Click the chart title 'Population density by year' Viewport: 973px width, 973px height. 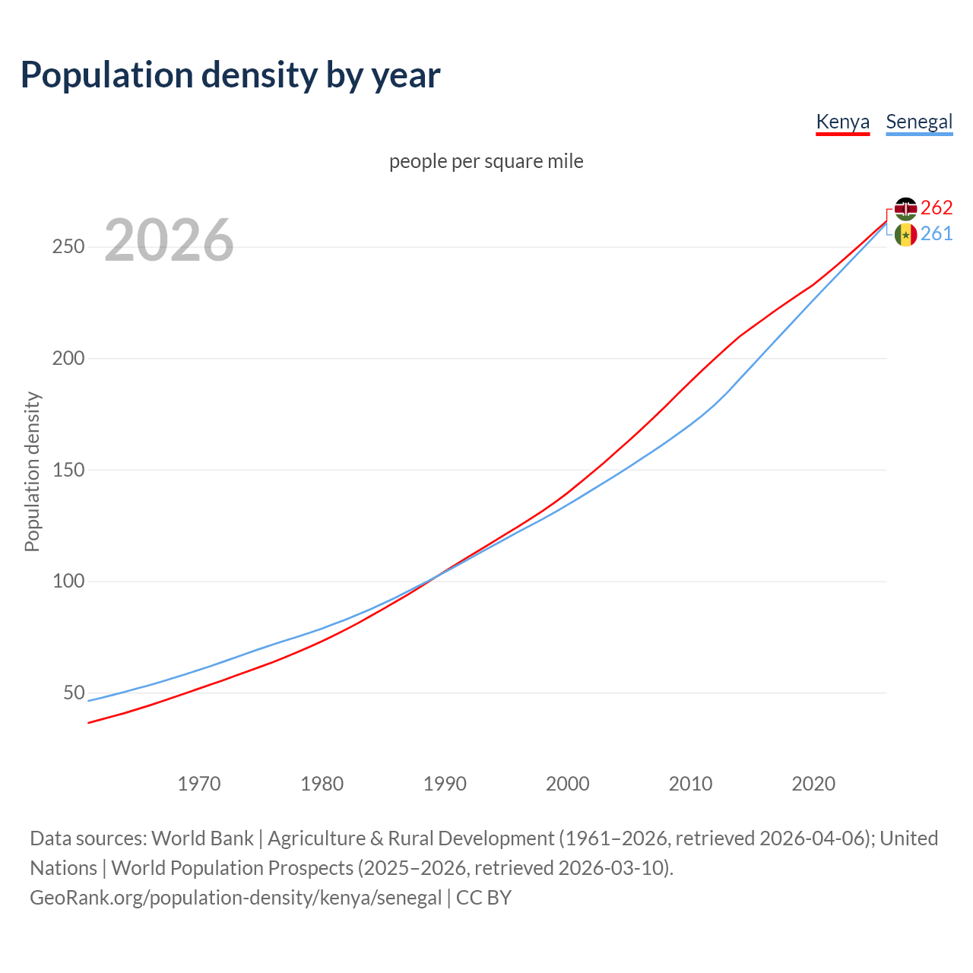[230, 75]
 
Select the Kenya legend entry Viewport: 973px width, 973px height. [842, 122]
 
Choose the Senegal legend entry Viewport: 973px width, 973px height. [919, 122]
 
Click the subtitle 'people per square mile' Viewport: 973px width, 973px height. [486, 161]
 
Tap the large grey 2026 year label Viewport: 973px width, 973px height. [169, 240]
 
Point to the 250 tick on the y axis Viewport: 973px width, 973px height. [68, 247]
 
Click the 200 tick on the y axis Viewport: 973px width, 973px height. [68, 358]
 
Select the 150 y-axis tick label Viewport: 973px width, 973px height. [68, 470]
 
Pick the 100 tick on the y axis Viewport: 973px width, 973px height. [68, 582]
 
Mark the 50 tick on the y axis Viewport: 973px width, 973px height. [74, 693]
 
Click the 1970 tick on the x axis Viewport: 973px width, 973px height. [199, 784]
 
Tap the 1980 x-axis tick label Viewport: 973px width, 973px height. [322, 784]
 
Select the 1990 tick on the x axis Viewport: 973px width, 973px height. [445, 784]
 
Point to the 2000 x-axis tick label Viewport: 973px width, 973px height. [568, 784]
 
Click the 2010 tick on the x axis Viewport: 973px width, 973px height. [690, 784]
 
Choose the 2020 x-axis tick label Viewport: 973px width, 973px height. [813, 784]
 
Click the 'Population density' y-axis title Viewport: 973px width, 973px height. [32, 471]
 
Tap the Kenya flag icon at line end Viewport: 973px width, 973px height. [905, 208]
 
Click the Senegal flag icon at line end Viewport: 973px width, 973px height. [905, 235]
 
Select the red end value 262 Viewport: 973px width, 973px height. [937, 208]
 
